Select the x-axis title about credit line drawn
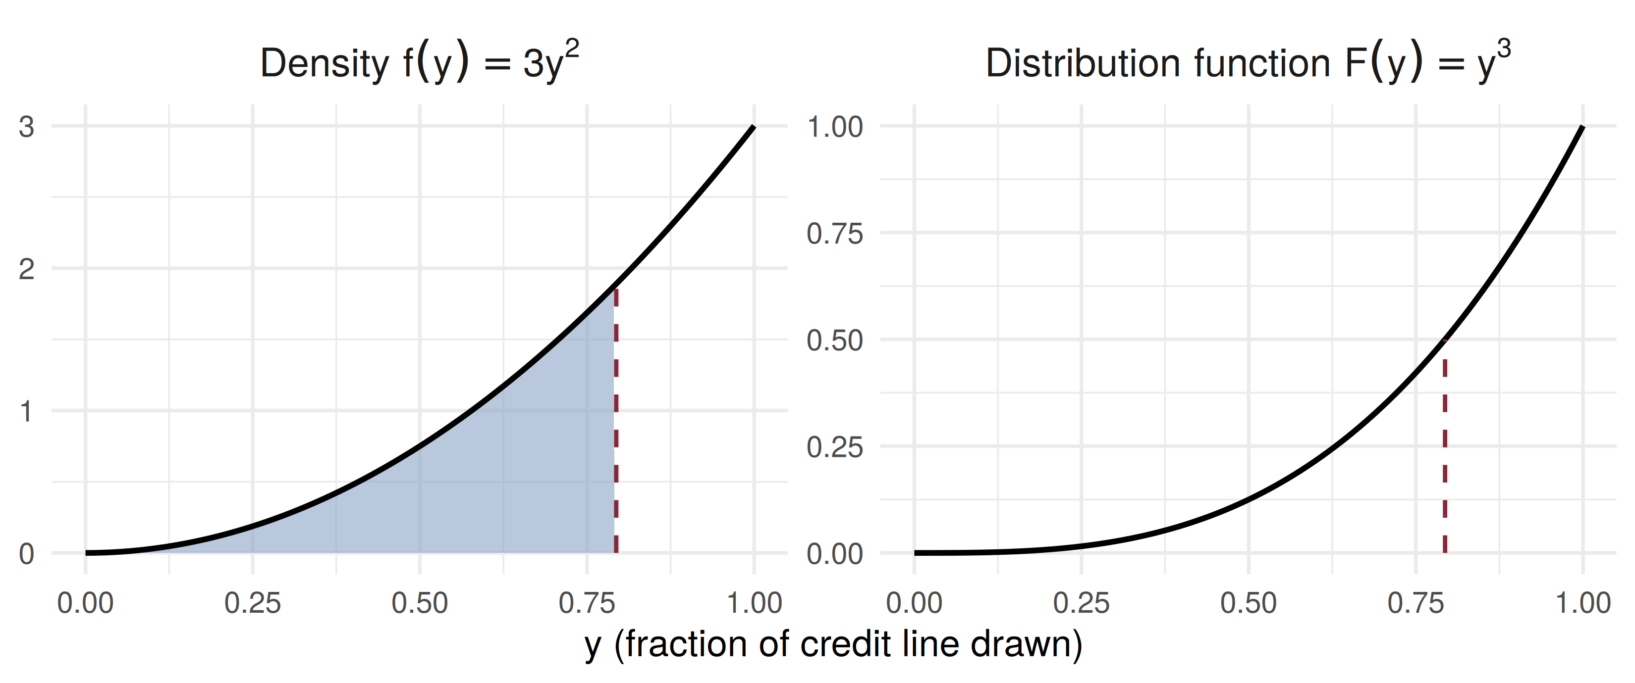833,645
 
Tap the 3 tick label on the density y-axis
26,127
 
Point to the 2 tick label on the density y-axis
26,270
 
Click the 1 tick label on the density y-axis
26,412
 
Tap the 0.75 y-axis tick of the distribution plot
835,234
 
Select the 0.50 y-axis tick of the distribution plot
835,341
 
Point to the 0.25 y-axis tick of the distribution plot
835,448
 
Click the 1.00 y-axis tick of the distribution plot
835,127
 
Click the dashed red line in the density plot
616,421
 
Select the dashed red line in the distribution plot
1445,446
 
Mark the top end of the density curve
754,127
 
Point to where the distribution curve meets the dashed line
1445,340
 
